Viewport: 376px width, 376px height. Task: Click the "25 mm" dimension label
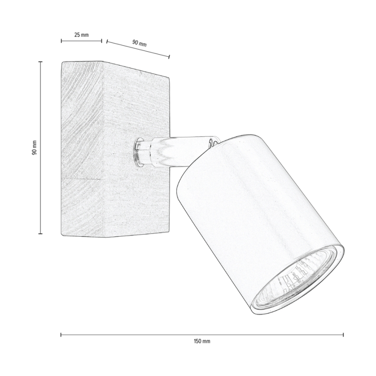[81, 35]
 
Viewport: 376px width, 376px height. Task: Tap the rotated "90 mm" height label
[35, 148]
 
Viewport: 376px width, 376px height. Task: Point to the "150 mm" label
[202, 341]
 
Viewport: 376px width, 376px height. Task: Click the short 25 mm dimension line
[81, 41]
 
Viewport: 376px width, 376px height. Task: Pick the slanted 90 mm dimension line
[138, 49]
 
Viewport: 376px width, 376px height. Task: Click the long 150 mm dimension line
[202, 334]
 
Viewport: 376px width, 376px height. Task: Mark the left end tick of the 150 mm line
[61, 334]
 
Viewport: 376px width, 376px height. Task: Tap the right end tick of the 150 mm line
[344, 334]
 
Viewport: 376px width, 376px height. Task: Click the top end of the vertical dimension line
[41, 62]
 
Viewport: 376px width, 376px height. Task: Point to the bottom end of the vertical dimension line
[41, 234]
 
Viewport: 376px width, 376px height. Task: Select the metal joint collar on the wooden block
[139, 152]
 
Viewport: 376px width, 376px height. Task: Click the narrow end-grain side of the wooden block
[82, 147]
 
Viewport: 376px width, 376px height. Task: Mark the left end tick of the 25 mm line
[61, 41]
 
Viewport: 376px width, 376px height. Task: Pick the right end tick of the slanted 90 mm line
[169, 57]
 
